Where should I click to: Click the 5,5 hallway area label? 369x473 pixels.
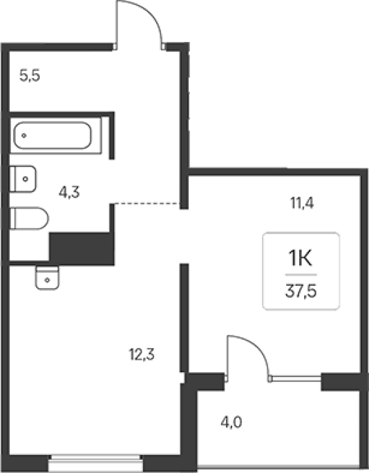[30, 75]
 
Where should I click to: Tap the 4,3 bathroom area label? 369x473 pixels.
[69, 192]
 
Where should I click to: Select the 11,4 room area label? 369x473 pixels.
[302, 203]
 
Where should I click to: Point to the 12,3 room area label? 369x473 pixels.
[142, 354]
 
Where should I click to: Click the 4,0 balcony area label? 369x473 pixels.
[231, 422]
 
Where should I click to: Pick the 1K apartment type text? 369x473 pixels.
[301, 258]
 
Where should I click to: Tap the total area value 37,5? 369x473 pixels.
[301, 291]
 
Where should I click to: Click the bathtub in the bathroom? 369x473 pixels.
[53, 135]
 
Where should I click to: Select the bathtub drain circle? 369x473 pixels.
[24, 136]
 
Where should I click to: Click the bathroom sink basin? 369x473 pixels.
[23, 179]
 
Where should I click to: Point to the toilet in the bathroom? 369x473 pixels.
[29, 218]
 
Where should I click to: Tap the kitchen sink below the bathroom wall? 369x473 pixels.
[47, 278]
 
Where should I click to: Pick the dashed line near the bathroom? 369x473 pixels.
[147, 204]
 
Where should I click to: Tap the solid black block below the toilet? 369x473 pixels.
[82, 249]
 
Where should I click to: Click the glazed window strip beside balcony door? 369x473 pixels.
[296, 377]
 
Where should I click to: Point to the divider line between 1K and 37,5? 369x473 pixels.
[301, 275]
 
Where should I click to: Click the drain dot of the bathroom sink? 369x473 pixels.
[26, 179]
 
